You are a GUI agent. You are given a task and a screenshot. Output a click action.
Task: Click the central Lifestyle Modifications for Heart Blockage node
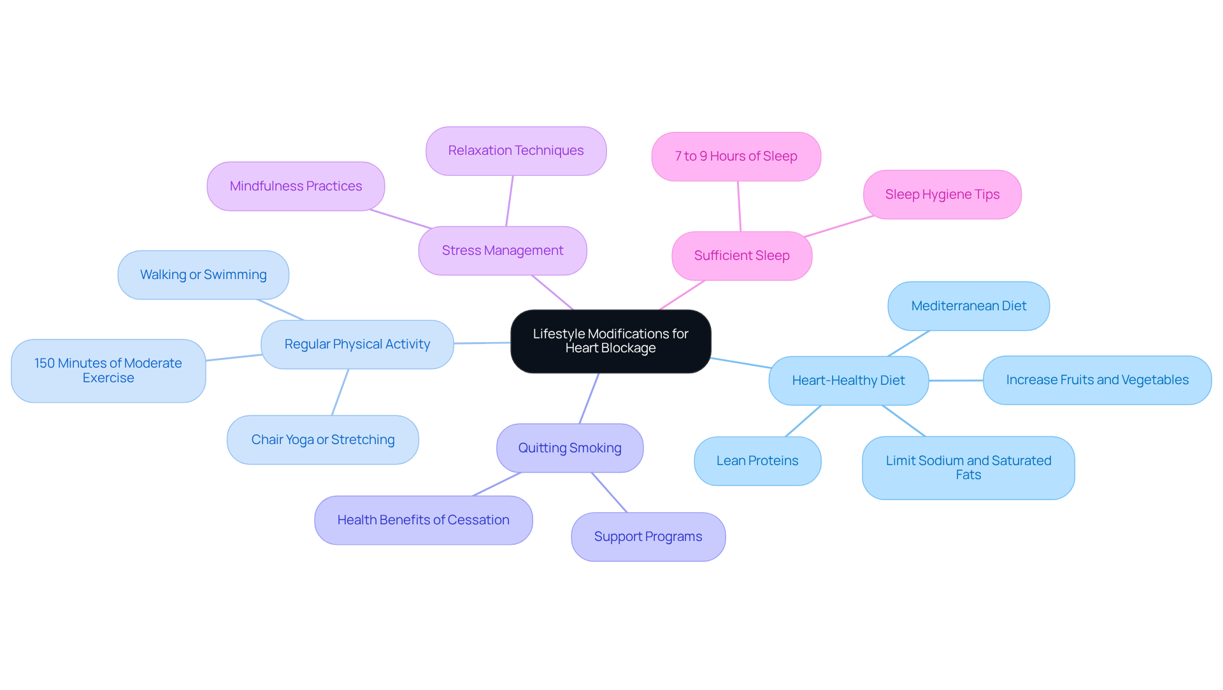610,341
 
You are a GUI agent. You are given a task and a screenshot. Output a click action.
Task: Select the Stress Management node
502,250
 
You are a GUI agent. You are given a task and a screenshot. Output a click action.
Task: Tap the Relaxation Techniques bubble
515,150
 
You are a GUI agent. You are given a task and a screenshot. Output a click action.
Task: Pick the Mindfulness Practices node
296,186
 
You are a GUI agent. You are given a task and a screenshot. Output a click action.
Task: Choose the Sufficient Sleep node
741,255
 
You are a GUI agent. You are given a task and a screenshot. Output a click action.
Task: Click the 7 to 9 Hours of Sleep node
736,156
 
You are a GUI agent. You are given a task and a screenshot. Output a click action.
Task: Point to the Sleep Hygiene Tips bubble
941,194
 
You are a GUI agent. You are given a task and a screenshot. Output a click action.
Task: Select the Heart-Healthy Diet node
848,380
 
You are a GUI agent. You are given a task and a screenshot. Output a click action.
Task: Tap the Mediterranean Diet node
968,306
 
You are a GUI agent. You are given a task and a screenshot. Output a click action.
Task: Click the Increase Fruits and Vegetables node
1097,380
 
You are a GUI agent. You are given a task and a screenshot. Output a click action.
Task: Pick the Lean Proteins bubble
757,461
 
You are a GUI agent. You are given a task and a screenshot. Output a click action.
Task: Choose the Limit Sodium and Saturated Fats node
968,468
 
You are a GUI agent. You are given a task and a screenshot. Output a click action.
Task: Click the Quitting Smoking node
569,448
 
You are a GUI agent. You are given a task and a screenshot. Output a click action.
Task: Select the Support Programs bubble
648,536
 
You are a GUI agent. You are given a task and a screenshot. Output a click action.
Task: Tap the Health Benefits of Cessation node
423,520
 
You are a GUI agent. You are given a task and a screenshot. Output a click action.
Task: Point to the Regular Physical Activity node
357,344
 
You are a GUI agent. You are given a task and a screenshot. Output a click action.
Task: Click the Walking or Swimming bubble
203,275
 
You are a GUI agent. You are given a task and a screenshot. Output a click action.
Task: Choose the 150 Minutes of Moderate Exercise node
108,370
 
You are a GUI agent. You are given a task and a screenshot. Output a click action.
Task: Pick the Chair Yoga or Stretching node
322,440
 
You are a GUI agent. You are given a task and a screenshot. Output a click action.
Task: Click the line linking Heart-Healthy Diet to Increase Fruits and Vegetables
955,380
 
